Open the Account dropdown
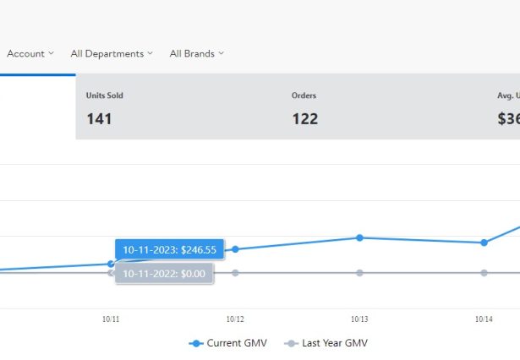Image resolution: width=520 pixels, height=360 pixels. coord(30,53)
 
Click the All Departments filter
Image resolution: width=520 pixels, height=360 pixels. coord(112,53)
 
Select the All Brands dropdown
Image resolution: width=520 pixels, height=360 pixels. coord(196,53)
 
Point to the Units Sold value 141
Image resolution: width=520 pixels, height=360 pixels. coord(99,119)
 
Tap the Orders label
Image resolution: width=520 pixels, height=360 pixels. coord(304,95)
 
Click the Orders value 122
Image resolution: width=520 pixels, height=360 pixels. coord(304,119)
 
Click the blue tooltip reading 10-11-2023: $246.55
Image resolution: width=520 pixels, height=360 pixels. coord(169,250)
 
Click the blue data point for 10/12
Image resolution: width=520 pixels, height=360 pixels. coord(235,249)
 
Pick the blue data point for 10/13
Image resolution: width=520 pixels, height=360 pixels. coord(359,237)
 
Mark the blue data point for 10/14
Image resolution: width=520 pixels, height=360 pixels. coord(484,243)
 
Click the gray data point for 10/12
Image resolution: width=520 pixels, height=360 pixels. coord(235,272)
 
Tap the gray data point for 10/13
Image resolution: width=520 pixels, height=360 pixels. coord(359,272)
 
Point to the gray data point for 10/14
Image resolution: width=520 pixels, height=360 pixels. coord(484,272)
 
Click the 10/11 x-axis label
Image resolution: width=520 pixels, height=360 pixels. coord(111,319)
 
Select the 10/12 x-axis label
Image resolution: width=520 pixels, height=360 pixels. coord(235,319)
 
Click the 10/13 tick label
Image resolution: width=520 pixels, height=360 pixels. coord(359,319)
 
